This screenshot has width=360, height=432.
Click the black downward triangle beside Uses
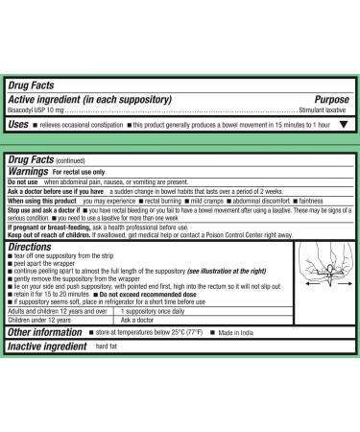[344, 124]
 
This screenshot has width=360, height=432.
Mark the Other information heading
[44, 332]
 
